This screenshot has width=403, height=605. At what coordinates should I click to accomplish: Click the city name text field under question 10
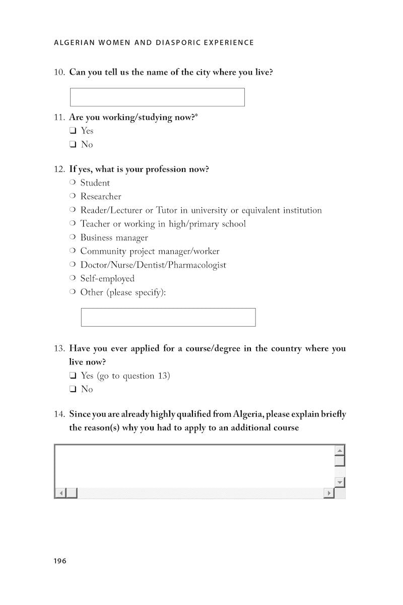tap(157, 97)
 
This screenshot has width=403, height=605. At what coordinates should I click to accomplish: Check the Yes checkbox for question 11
tap(73, 131)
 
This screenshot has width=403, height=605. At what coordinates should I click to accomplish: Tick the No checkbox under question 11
tap(73, 145)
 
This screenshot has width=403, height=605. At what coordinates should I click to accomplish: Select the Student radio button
tap(73, 183)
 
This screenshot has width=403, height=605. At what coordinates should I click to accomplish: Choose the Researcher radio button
tap(73, 196)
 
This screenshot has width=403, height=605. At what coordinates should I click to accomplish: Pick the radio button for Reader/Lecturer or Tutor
tap(73, 210)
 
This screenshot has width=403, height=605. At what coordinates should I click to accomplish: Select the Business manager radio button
tap(73, 237)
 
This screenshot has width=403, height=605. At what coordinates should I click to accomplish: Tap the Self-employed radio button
tap(73, 278)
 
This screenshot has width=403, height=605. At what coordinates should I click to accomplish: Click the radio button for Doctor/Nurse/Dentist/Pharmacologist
tap(73, 265)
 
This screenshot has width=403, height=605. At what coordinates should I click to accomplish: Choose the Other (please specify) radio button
tap(73, 292)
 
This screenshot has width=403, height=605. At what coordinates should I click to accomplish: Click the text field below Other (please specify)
tap(168, 317)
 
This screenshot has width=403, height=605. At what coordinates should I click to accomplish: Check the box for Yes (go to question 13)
tap(73, 376)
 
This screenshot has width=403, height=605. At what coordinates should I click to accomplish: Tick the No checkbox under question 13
tap(73, 389)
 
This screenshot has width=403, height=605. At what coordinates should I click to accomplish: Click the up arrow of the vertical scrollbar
tap(340, 450)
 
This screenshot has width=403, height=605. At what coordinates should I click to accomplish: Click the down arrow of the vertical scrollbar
tap(340, 482)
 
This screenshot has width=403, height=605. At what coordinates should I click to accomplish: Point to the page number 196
tap(60, 561)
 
